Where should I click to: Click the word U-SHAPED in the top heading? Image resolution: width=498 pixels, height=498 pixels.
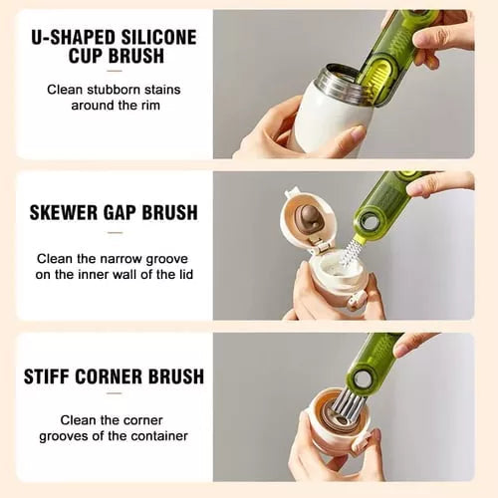pos(74,38)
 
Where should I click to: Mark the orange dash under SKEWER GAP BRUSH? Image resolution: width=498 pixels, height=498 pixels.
pos(114,233)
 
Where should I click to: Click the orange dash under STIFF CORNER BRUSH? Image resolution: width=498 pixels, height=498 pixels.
pos(114,397)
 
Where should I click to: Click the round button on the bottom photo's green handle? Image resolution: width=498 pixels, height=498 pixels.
pos(391,378)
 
